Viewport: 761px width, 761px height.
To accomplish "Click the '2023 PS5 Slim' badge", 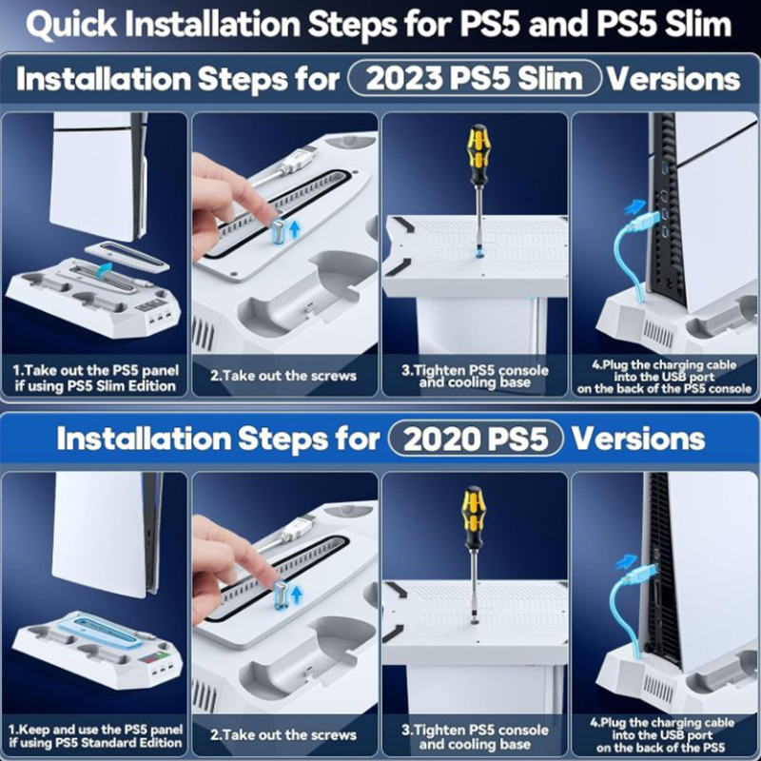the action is pos(475,78).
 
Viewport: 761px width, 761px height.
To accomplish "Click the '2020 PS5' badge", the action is pos(476,439).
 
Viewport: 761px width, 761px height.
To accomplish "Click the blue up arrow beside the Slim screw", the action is pos(294,229).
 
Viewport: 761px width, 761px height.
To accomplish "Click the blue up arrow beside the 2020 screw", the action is pos(296,594).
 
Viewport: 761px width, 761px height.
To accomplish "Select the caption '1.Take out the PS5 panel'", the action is pos(96,371).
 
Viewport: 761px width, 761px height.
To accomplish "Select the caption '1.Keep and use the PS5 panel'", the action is pos(96,730).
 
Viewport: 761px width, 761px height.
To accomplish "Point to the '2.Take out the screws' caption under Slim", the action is pos(283,376).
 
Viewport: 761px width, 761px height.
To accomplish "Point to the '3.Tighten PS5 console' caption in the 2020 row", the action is pos(475,730).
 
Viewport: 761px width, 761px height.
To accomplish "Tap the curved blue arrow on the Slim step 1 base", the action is pos(104,270).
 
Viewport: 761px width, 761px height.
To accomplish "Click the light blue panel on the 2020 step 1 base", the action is pos(101,633).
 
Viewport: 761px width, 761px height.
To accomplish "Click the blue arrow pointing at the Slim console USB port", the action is pos(634,207).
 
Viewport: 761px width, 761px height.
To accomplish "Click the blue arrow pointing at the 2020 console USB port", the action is pos(626,561).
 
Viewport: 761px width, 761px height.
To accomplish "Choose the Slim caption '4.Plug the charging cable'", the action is pos(664,365).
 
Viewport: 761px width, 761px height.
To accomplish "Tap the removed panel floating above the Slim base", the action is pos(127,256).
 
